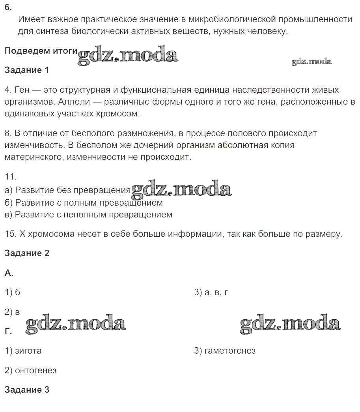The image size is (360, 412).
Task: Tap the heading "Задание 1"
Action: click(27, 70)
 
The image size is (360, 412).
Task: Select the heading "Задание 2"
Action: click(27, 253)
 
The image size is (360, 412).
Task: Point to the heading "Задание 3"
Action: click(27, 390)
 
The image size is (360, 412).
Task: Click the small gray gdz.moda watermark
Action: click(312, 62)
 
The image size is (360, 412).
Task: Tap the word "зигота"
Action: click(28, 350)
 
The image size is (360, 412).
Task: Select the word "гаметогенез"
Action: click(230, 350)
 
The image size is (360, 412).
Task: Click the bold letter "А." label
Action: click(9, 273)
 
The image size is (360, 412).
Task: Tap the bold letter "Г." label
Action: click(8, 331)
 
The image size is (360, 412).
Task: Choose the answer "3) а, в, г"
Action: click(211, 292)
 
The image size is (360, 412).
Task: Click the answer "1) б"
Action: click(12, 292)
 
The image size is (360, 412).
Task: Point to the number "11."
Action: click(11, 177)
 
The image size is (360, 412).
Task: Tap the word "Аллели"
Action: click(71, 102)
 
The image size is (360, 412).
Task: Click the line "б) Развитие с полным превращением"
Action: click(84, 203)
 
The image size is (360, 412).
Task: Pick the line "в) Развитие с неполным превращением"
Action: click(88, 215)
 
